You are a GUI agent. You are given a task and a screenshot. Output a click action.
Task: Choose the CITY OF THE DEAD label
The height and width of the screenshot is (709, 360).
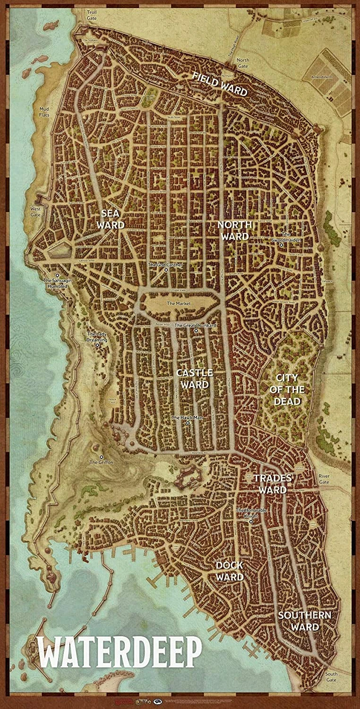pyautogui.click(x=287, y=389)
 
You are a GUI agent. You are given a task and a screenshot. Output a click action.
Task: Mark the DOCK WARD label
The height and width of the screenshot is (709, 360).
pyautogui.click(x=230, y=571)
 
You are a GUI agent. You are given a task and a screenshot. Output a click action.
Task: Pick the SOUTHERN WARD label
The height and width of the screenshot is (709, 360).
pyautogui.click(x=298, y=621)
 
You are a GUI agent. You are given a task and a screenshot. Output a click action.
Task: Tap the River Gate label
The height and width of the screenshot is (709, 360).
pyautogui.click(x=324, y=479)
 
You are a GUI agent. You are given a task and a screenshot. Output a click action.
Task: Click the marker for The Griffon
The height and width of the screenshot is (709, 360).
pyautogui.click(x=102, y=457)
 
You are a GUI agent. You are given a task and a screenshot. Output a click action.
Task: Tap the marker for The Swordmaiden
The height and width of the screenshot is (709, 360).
pyautogui.click(x=281, y=245)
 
